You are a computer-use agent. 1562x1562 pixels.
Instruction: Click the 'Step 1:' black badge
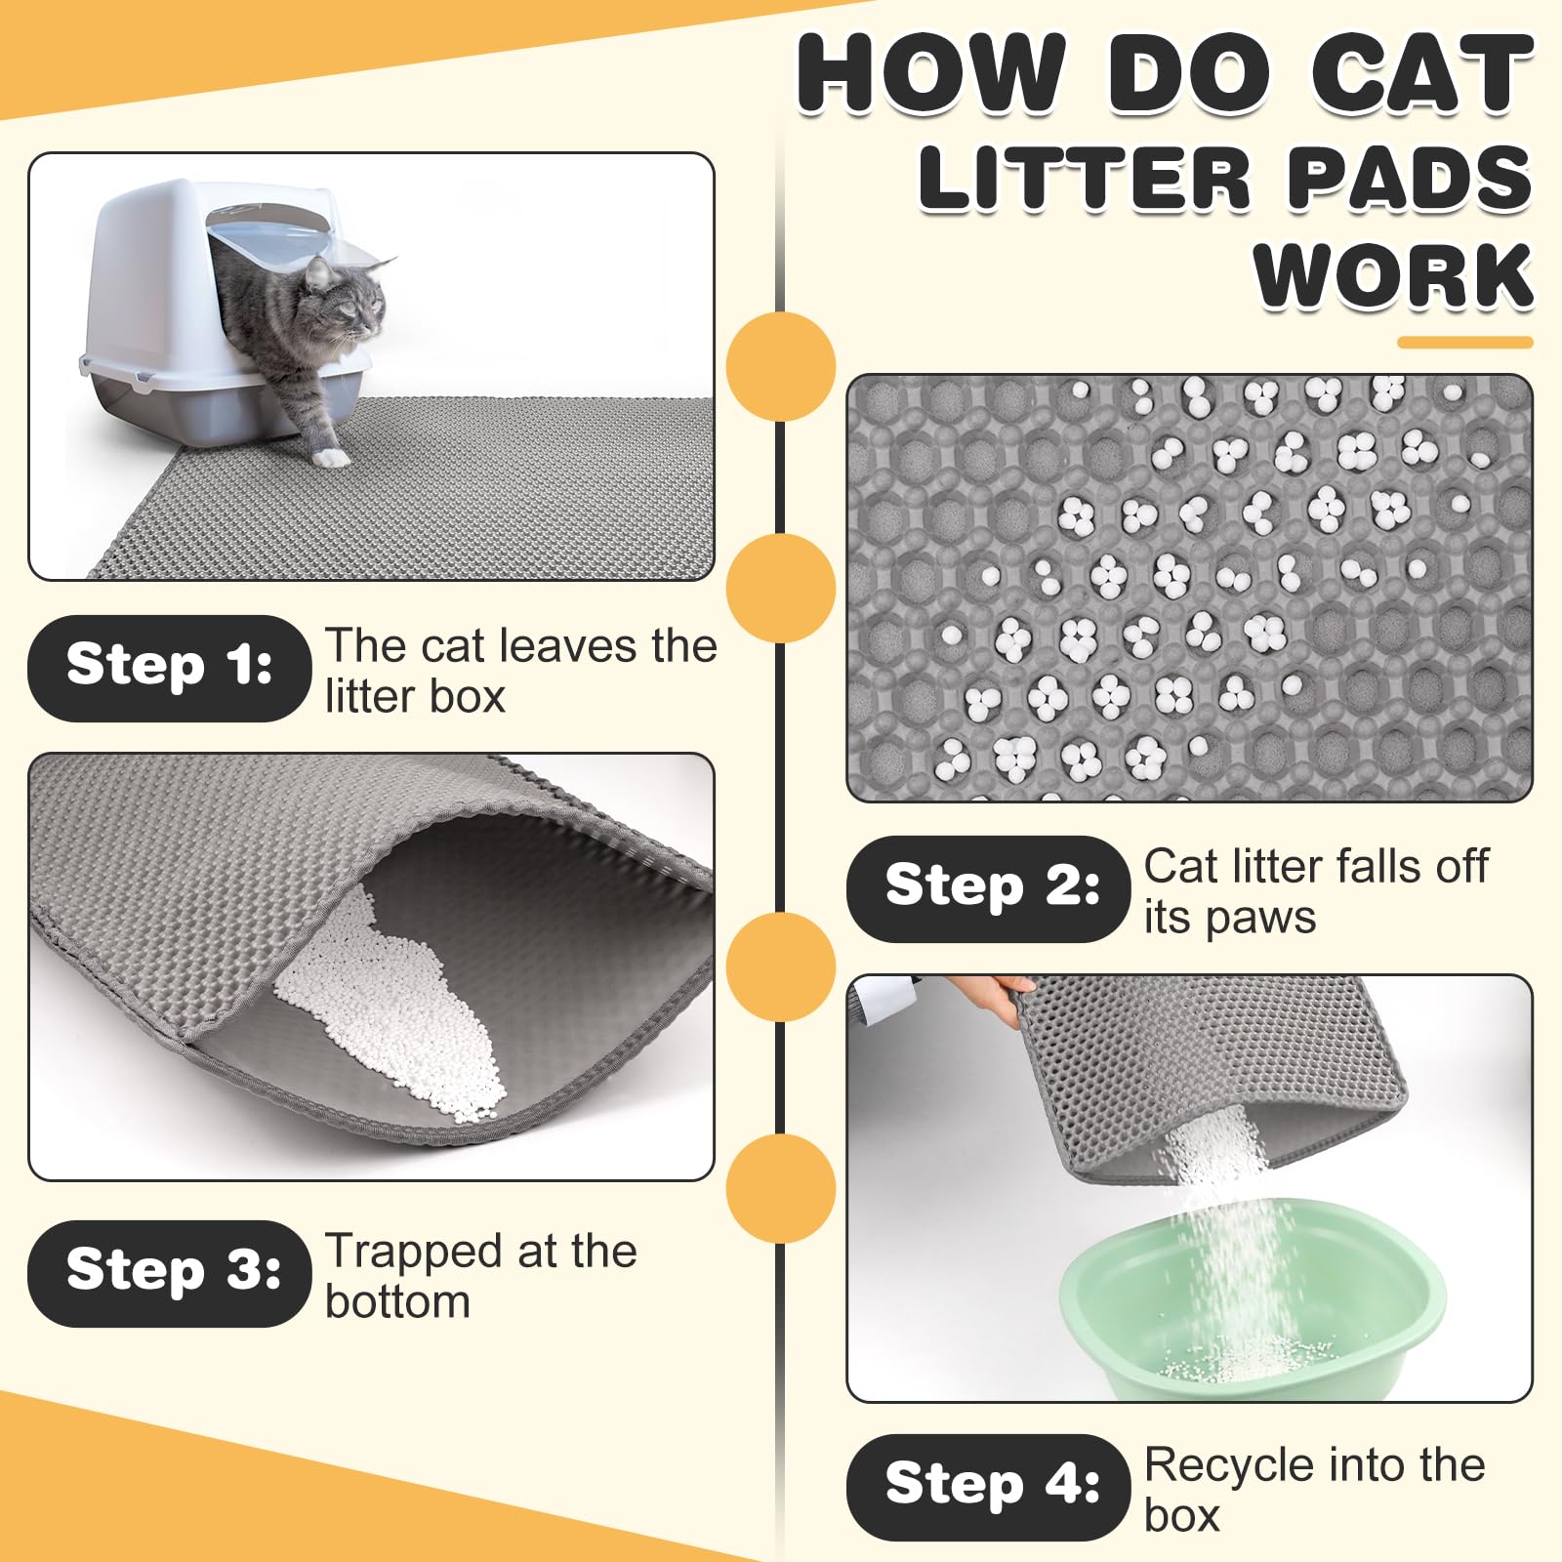point(169,669)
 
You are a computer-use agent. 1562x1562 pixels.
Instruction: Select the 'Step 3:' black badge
point(169,1273)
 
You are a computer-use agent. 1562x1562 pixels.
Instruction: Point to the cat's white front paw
point(332,456)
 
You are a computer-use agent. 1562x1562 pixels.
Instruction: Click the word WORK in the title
point(1393,277)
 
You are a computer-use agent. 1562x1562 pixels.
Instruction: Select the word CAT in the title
point(1420,74)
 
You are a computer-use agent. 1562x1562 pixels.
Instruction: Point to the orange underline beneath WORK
point(1464,343)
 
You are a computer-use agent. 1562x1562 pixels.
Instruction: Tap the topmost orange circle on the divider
point(781,367)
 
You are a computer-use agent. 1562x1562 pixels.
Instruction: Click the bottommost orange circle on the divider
point(781,1188)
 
